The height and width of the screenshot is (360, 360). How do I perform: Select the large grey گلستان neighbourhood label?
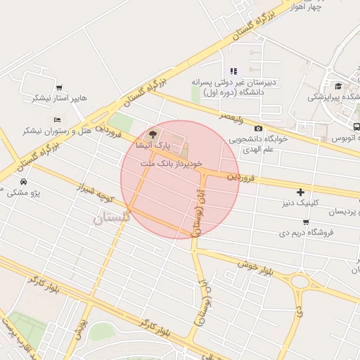111,219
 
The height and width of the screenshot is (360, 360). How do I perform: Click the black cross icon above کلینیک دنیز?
301,191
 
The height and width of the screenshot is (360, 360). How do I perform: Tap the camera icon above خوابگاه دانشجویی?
258,128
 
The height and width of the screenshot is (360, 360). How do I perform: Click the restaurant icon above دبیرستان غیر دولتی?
233,71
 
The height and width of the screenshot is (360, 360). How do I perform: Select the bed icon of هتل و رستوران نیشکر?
56,120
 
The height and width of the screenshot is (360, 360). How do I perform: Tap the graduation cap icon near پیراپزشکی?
338,86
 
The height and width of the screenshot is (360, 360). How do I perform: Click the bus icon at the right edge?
356,127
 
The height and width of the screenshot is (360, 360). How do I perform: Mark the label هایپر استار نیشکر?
58,98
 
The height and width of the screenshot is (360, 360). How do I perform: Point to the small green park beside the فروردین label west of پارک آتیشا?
122,123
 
